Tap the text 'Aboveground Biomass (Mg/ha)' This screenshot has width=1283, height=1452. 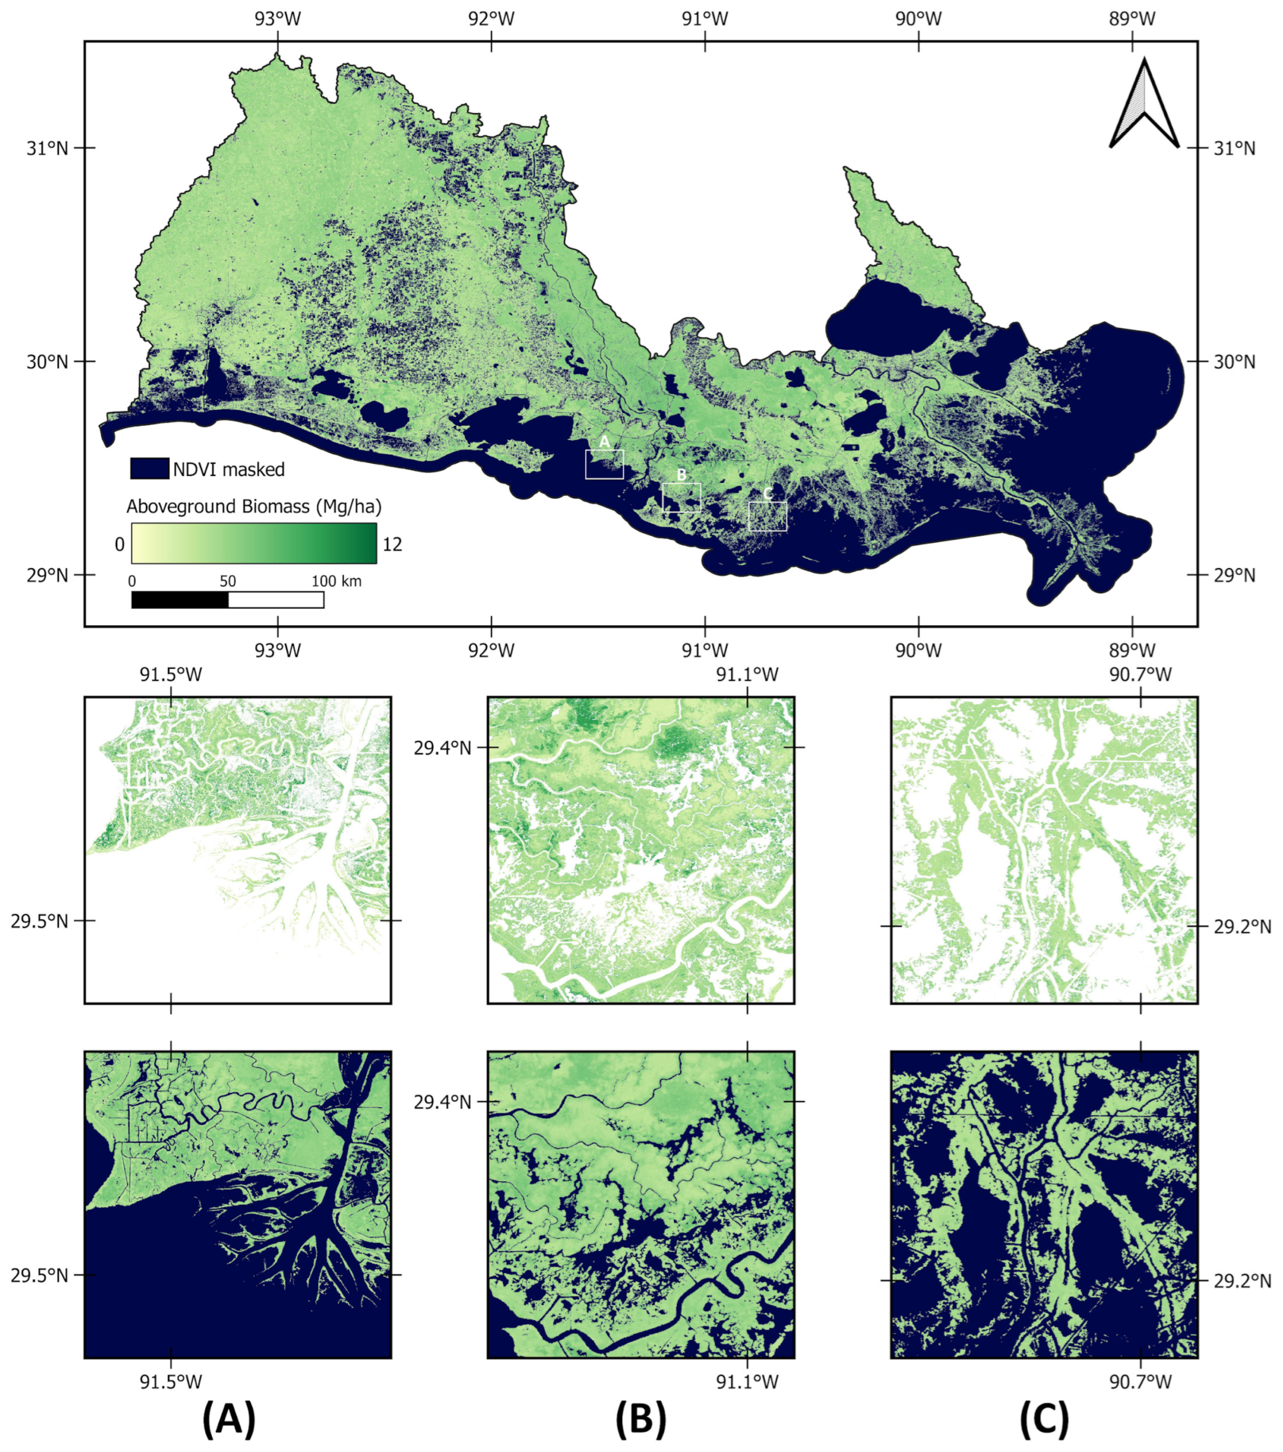pos(254,506)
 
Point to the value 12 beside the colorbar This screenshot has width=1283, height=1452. pos(392,544)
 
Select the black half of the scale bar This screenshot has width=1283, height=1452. pos(180,600)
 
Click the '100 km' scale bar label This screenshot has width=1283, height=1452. pos(336,581)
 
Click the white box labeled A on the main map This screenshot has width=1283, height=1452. pos(604,464)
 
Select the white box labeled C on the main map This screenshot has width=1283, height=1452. pos(767,516)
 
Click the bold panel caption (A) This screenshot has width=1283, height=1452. pos(229,1419)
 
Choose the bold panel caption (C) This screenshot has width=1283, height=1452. pos(1043,1419)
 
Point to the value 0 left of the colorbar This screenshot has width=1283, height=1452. pos(119,544)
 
